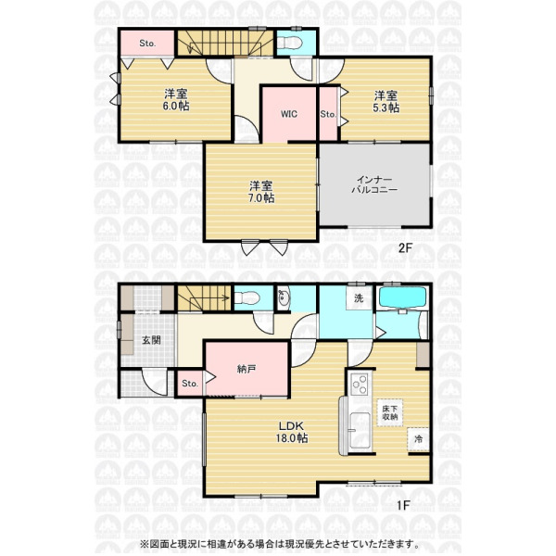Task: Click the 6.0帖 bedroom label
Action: (176, 100)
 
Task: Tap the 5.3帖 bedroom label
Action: (385, 102)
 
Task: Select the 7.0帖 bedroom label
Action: (261, 192)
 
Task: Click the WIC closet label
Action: (289, 114)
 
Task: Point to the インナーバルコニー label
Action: (374, 184)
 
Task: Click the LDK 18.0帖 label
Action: (292, 432)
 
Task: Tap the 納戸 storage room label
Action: (246, 370)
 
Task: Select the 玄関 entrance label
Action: (151, 340)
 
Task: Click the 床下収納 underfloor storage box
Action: (390, 413)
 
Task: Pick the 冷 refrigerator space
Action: (419, 439)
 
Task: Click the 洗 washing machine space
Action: (360, 297)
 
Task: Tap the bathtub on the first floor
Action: (403, 297)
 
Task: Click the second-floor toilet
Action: (290, 43)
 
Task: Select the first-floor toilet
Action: (247, 297)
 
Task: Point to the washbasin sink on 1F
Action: (284, 297)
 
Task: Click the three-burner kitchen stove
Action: (360, 385)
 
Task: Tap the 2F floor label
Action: (405, 247)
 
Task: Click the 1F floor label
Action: (404, 505)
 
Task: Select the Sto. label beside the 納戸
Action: (190, 384)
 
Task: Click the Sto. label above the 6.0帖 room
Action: (147, 44)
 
